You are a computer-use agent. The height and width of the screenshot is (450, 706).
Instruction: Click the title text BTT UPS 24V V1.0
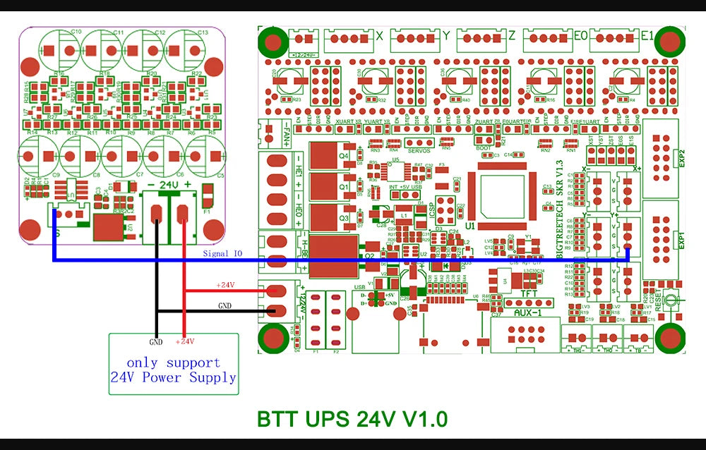(352, 418)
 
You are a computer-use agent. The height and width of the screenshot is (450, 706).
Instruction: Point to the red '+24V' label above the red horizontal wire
(226, 285)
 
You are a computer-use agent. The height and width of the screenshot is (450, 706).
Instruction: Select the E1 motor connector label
(646, 35)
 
